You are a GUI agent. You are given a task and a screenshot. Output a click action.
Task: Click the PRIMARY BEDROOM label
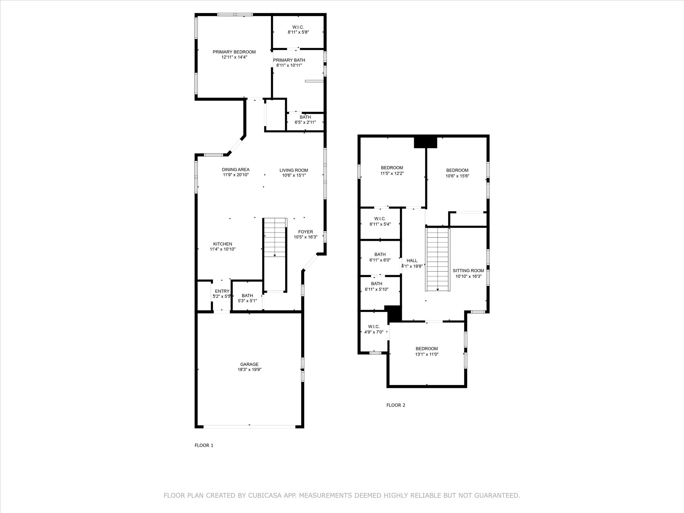234,52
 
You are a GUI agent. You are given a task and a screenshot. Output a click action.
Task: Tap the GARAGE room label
249,364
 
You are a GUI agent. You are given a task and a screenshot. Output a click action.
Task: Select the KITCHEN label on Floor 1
223,244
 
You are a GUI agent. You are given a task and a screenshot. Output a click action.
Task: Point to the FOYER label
306,232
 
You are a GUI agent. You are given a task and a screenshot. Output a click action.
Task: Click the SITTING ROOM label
468,271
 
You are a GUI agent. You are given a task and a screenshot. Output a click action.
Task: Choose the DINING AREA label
236,170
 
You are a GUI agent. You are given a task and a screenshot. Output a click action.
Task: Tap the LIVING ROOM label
294,170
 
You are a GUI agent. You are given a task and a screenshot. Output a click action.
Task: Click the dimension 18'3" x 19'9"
249,370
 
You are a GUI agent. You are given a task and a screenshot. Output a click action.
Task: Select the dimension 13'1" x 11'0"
427,354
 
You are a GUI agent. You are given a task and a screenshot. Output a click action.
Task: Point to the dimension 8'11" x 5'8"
298,32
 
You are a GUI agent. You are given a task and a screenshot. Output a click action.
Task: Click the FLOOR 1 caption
204,445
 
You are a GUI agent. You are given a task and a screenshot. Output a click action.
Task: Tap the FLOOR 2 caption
396,405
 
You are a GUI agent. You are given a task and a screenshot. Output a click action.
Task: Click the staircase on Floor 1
275,237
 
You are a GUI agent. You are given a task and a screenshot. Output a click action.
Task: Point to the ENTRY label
222,291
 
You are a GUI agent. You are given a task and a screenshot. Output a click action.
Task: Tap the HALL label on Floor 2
412,261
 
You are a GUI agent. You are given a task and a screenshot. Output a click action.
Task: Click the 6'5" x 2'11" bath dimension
305,122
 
